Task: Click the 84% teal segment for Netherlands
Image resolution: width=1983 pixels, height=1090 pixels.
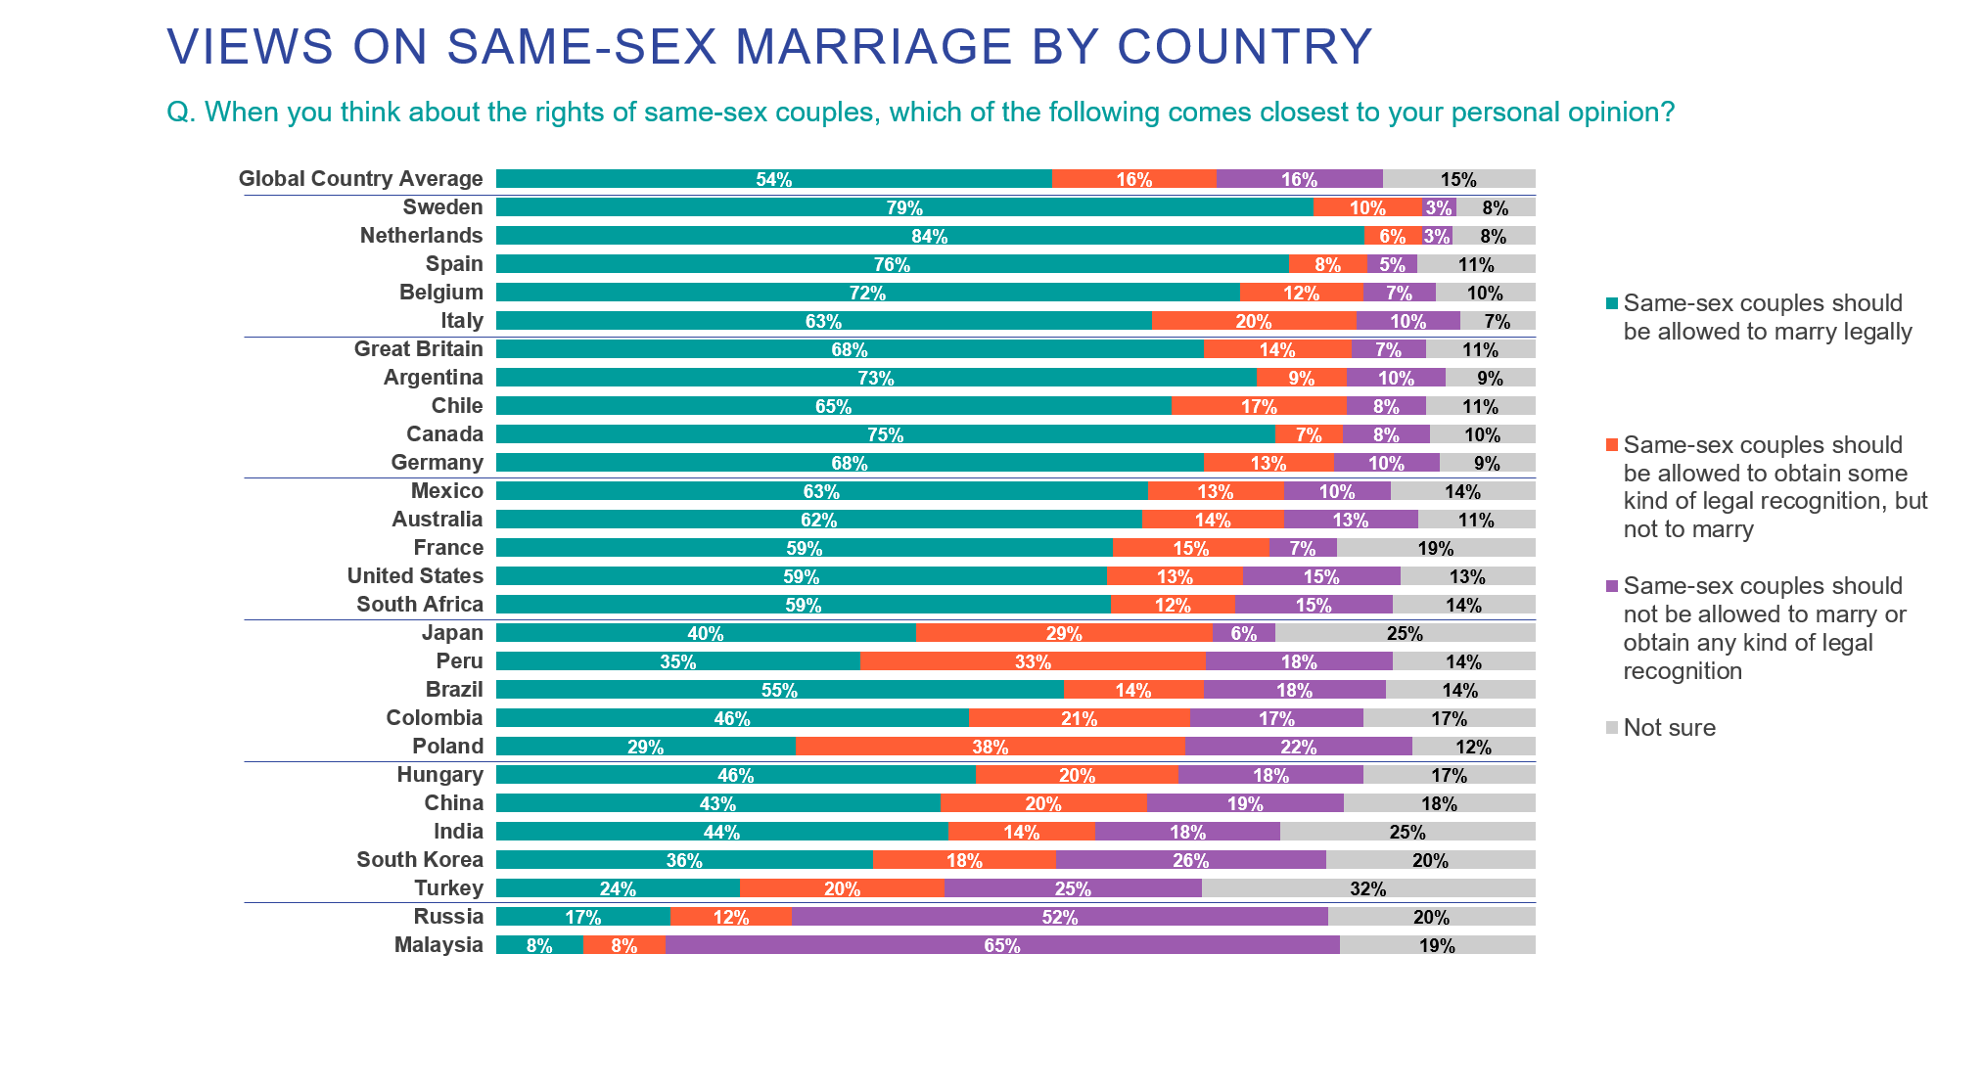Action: click(x=930, y=236)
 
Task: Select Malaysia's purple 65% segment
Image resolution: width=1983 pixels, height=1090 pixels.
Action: click(x=1002, y=945)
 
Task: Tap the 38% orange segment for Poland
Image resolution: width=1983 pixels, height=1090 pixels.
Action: click(x=991, y=747)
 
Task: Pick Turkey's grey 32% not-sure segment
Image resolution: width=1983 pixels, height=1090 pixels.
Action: click(x=1367, y=888)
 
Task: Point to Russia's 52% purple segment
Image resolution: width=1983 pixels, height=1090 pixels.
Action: click(x=1060, y=917)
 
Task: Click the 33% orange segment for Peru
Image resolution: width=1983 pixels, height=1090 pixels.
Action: click(x=1033, y=661)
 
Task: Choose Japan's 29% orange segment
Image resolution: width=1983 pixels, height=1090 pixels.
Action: click(x=1064, y=633)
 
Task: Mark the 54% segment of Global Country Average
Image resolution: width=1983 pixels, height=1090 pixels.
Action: click(x=773, y=179)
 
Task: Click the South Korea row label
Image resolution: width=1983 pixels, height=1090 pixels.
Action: click(x=419, y=859)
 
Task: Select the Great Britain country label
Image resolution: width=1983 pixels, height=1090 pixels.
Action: click(x=418, y=348)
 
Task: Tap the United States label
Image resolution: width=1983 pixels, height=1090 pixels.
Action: click(x=415, y=575)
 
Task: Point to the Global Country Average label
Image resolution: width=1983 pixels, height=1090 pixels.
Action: click(x=360, y=178)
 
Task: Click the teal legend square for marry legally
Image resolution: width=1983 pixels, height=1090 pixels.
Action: click(x=1612, y=303)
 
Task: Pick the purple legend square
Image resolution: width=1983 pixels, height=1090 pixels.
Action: click(x=1612, y=587)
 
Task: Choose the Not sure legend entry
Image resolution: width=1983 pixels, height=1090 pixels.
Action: click(x=1668, y=728)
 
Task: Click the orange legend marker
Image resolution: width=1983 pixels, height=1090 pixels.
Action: click(x=1612, y=445)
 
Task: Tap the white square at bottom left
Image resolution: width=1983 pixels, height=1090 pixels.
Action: click(x=169, y=994)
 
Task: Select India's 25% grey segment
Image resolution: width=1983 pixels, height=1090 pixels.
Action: click(x=1407, y=832)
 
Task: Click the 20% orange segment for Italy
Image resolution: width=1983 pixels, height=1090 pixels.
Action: click(x=1253, y=321)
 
